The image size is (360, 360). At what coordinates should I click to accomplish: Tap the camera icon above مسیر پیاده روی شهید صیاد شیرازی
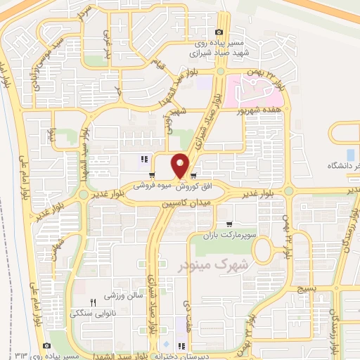[220, 32]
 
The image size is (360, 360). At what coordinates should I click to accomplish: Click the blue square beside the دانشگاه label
[351, 154]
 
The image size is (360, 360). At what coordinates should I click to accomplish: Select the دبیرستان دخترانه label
[149, 356]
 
